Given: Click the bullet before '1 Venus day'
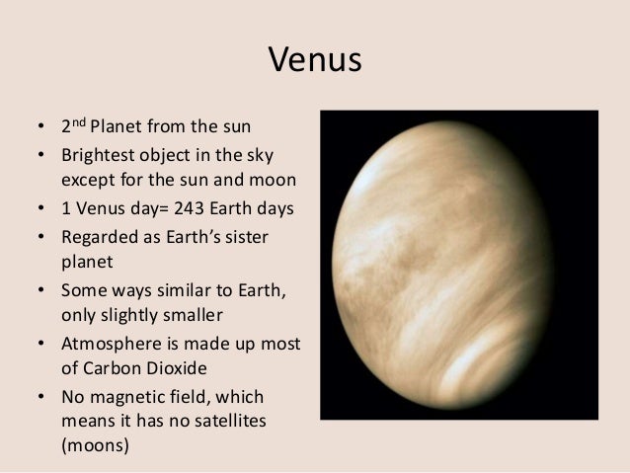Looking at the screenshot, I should coord(39,209).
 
